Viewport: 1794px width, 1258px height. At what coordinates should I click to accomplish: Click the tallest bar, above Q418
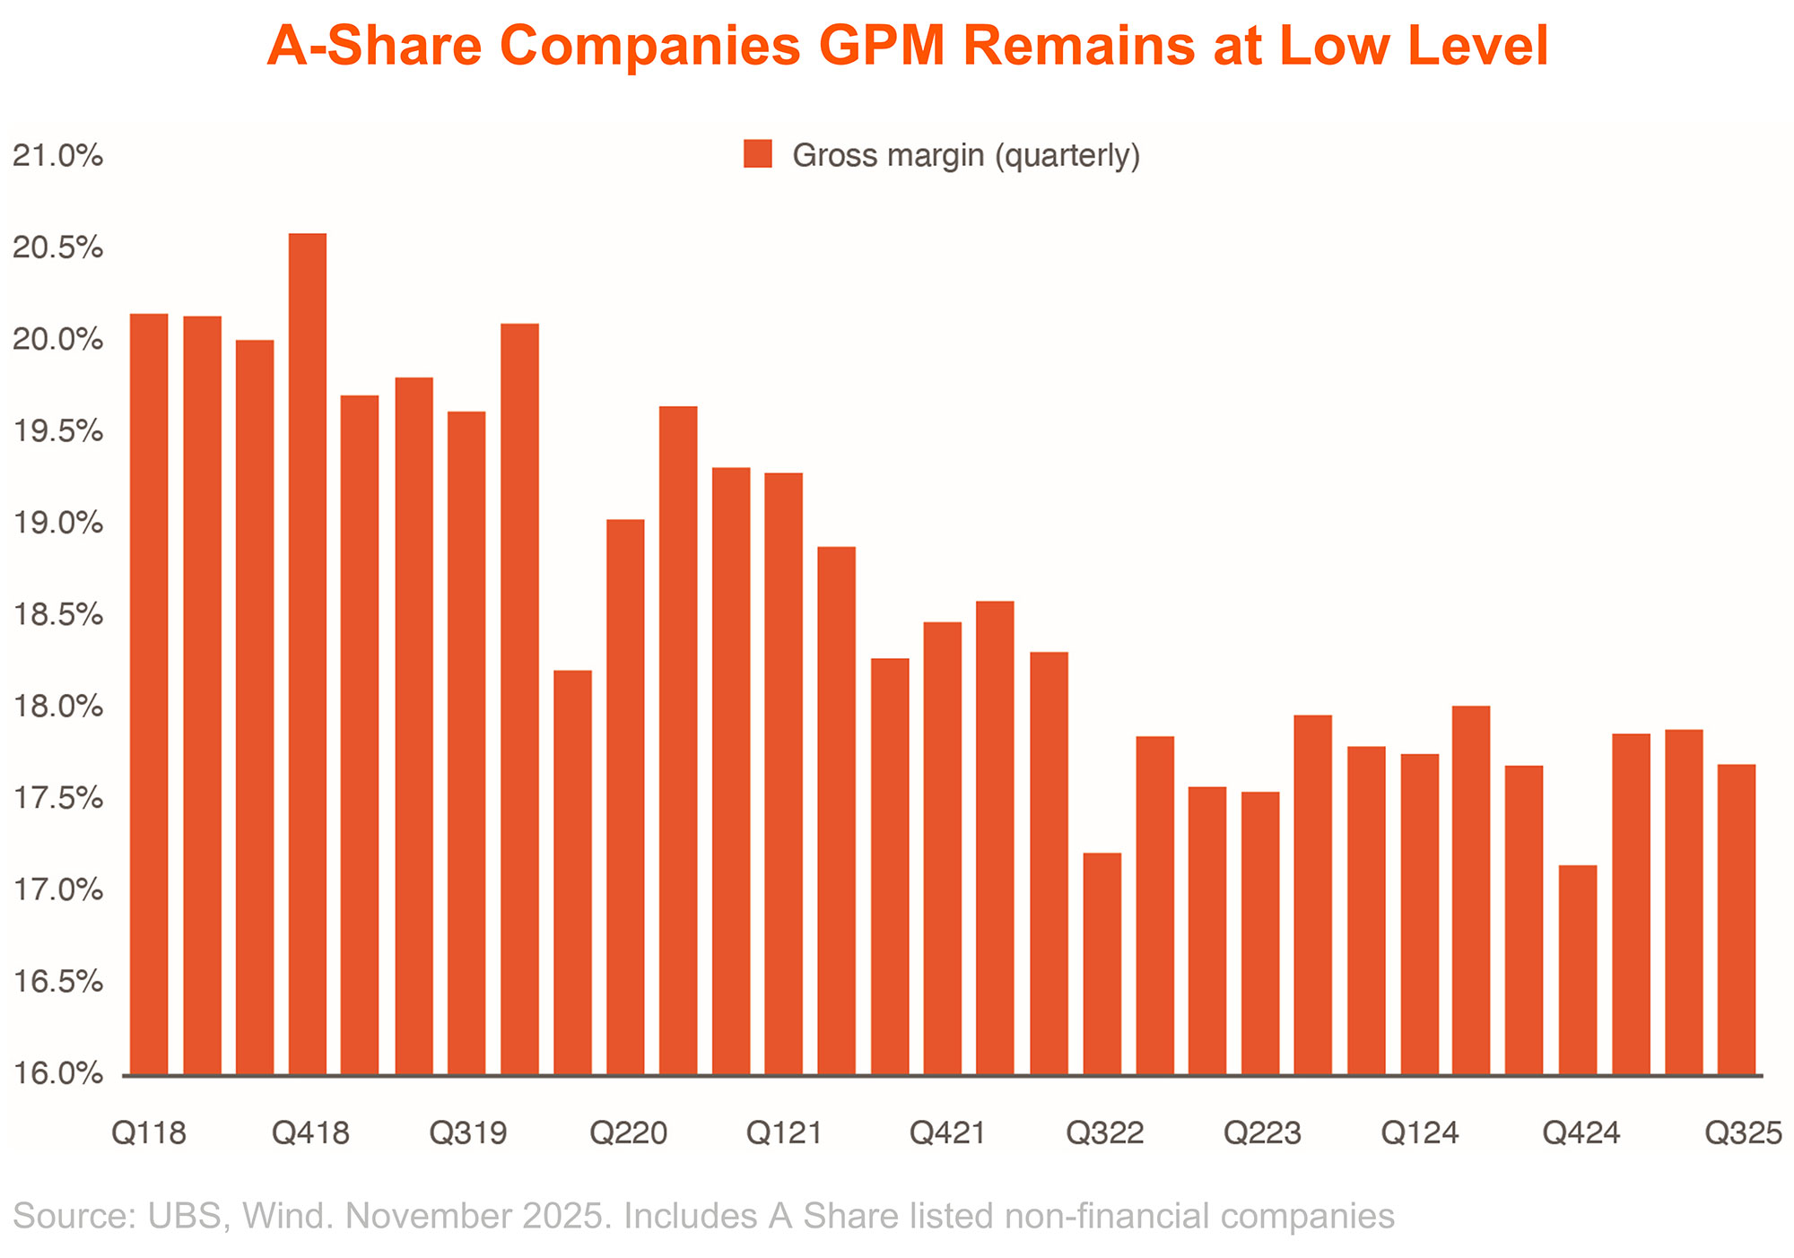pos(308,654)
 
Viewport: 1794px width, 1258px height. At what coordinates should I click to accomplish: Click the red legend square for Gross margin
pos(758,154)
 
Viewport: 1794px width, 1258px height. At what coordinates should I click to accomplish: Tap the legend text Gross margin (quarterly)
pos(966,155)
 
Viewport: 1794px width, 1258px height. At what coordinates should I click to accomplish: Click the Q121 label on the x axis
pos(785,1133)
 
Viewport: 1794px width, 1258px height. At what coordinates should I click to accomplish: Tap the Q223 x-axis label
pos(1262,1133)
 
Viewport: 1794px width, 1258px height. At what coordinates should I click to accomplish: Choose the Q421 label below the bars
pos(947,1133)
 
